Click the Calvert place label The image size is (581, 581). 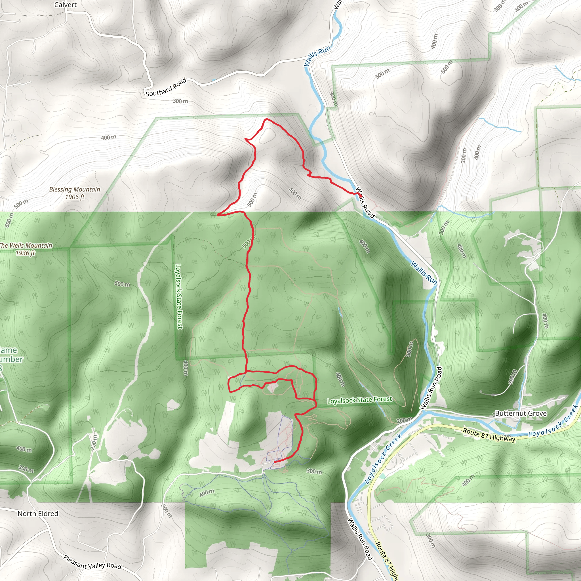[x=65, y=5]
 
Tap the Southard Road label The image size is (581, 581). [x=166, y=87]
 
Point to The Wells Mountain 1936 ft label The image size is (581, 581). [x=26, y=249]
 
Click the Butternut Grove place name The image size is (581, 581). [x=521, y=413]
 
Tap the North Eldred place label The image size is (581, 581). [x=38, y=514]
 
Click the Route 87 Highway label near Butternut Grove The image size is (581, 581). [x=489, y=435]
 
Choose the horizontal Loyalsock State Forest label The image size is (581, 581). [x=359, y=400]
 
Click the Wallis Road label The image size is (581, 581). [x=365, y=202]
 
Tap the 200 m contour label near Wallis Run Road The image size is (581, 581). [x=404, y=420]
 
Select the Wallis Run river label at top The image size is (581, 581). [x=317, y=56]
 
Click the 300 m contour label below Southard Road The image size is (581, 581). [x=180, y=101]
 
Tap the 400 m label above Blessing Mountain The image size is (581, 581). [x=109, y=137]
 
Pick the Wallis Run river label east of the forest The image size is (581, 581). [x=424, y=273]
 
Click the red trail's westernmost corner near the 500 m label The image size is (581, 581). [x=218, y=215]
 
